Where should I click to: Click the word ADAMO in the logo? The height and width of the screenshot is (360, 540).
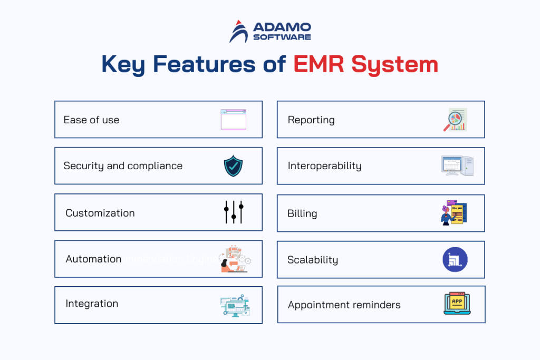(282, 27)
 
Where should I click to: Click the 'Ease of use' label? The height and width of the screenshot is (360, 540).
(91, 120)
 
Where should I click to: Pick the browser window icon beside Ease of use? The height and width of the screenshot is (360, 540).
(233, 120)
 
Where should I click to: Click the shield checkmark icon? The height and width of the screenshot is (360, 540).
(233, 166)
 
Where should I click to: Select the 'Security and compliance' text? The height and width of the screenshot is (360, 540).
(123, 166)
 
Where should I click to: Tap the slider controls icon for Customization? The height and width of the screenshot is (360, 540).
(233, 212)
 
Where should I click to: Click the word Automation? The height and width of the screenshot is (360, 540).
(93, 259)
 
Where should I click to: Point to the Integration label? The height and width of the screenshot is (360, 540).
(92, 304)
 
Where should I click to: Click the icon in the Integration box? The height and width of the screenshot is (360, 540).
(235, 305)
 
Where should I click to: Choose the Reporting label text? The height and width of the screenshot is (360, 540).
(311, 120)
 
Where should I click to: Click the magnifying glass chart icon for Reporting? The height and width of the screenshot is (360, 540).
(455, 120)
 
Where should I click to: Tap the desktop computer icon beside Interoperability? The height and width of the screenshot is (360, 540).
(456, 166)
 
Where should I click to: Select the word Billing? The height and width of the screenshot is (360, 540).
(302, 213)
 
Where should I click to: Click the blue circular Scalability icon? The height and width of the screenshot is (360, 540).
(455, 260)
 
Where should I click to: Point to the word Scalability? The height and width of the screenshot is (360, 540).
(313, 260)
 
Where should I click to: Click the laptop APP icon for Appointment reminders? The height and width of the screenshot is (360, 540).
(457, 304)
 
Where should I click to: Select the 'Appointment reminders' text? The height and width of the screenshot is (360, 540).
(344, 305)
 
